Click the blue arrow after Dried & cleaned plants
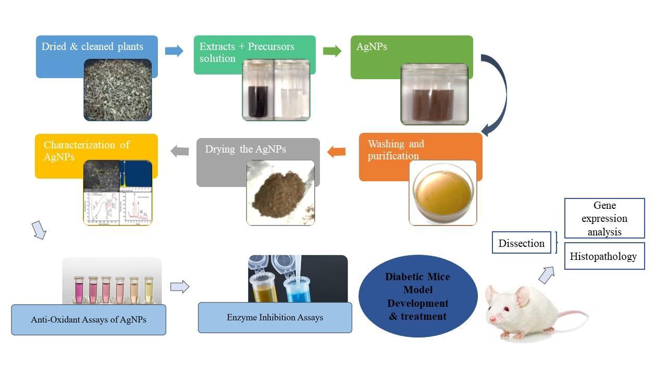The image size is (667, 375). [174, 51]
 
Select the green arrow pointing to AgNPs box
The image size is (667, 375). [332, 51]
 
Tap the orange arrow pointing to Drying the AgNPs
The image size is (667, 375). [336, 152]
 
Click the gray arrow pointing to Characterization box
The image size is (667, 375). [180, 151]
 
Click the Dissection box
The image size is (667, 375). [521, 243]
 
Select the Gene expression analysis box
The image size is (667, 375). [604, 218]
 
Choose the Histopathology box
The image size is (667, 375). [604, 256]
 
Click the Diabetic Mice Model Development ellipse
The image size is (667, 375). [418, 296]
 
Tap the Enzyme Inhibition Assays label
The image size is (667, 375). [275, 317]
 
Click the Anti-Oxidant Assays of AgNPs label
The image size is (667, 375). [89, 319]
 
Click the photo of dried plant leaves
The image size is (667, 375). [118, 90]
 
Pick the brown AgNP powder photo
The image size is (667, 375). [280, 193]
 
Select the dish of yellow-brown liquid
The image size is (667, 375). [442, 193]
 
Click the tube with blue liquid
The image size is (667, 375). [298, 289]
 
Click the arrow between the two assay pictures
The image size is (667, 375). [179, 286]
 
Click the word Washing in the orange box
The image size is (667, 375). [387, 144]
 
